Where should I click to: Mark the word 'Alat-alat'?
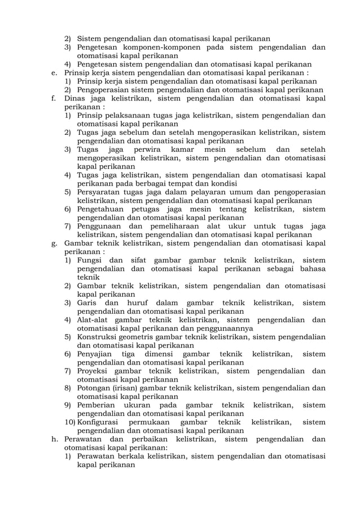[93, 320]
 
